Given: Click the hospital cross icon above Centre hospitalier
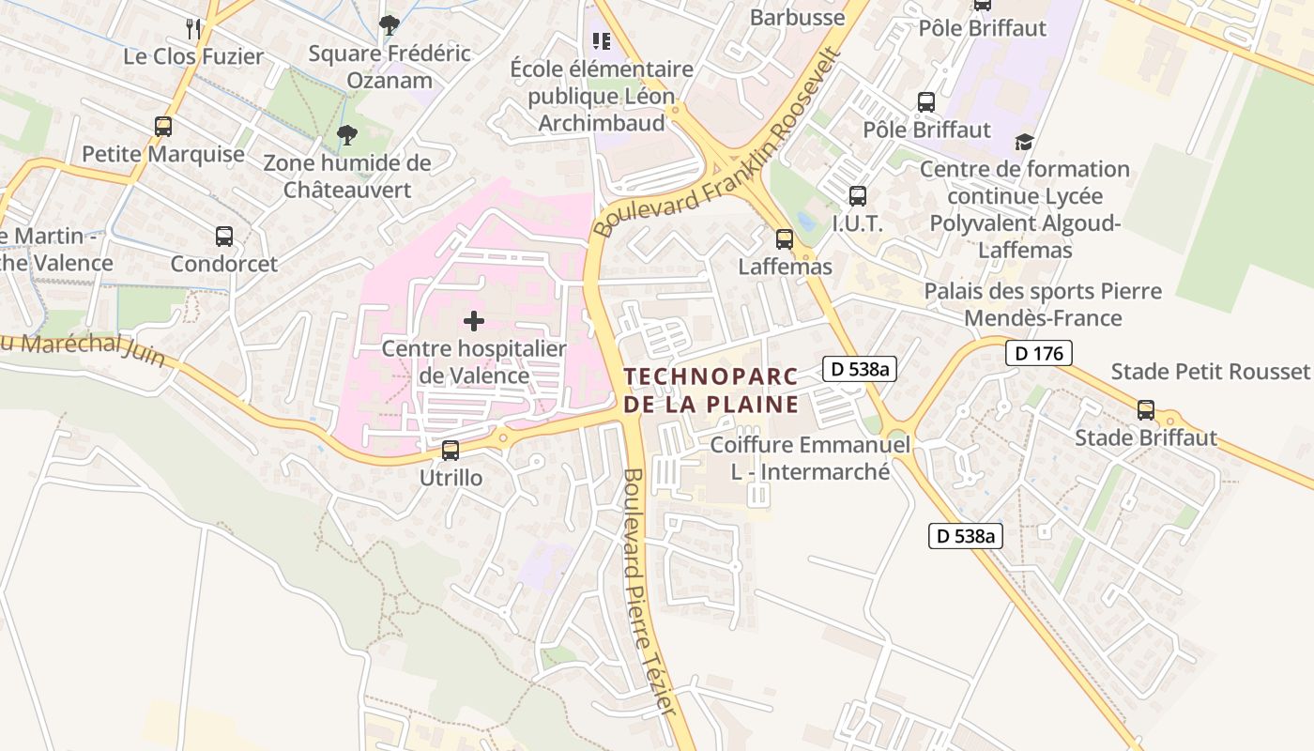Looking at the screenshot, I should point(474,321).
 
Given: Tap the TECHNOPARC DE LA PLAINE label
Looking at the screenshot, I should point(710,391).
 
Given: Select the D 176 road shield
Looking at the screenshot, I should point(1038,353).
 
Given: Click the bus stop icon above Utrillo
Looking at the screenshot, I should point(451,451).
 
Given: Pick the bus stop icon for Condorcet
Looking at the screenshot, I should point(223,237).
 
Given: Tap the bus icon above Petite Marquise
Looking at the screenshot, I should point(163,126).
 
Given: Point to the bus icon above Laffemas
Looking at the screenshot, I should point(785,239).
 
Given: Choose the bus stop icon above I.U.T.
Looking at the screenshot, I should point(857,196).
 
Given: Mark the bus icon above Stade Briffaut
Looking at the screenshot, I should point(1145,410).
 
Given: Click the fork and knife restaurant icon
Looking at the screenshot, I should point(193,28).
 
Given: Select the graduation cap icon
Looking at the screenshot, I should point(1024,142).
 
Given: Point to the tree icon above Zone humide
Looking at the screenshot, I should point(347,135).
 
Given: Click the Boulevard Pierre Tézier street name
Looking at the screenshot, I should point(649,591).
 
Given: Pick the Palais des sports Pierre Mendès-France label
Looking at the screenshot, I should point(1043,304).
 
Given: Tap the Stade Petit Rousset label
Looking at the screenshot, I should point(1209,371).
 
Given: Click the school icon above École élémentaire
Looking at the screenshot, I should point(602,41).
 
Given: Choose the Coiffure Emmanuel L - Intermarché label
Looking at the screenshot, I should point(810,457).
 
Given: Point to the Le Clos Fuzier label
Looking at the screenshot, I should point(193,56).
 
